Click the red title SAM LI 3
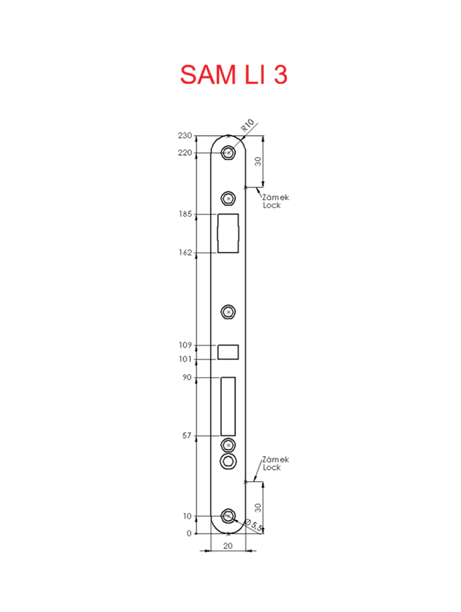click(x=233, y=74)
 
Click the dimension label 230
click(x=185, y=135)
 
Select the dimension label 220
click(x=185, y=153)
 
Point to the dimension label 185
click(x=185, y=214)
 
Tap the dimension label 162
click(x=185, y=253)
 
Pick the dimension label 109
click(x=185, y=345)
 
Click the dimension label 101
click(x=185, y=359)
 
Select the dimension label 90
click(x=187, y=377)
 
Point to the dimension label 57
click(x=187, y=436)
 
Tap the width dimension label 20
click(x=228, y=545)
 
